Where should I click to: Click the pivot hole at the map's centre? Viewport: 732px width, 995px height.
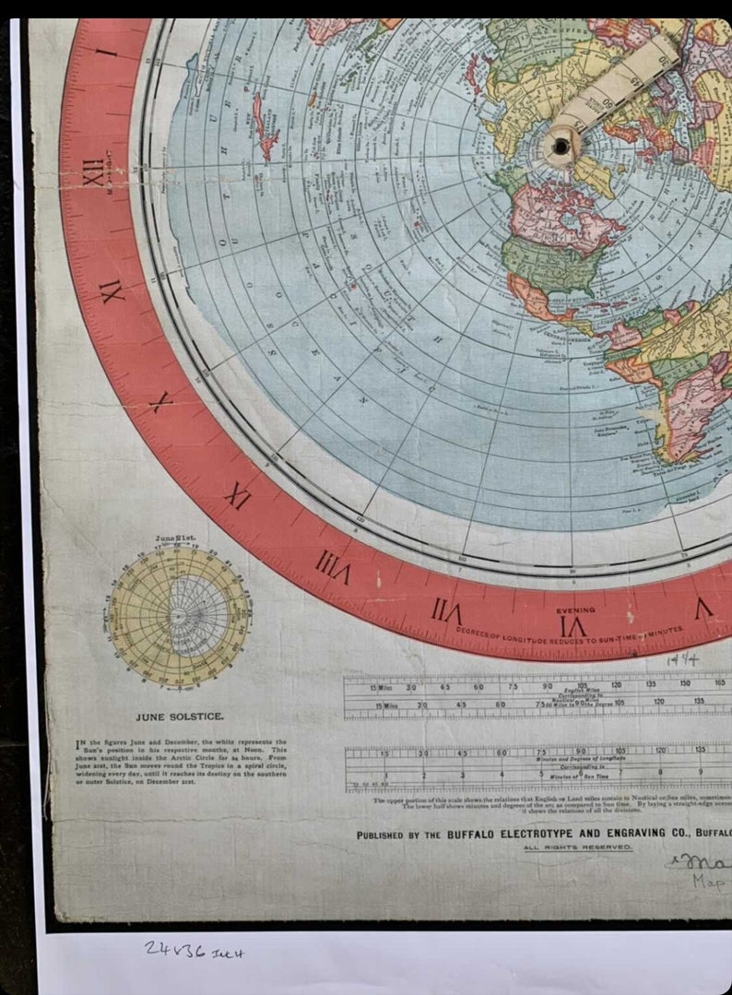pyautogui.click(x=560, y=145)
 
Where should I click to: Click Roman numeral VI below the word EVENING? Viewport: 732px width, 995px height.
pyautogui.click(x=573, y=626)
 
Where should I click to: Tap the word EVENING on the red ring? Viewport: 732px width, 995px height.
pyautogui.click(x=575, y=610)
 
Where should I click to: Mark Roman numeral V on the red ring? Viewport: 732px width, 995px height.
pyautogui.click(x=703, y=609)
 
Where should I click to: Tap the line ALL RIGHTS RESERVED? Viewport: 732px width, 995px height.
pyautogui.click(x=577, y=847)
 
